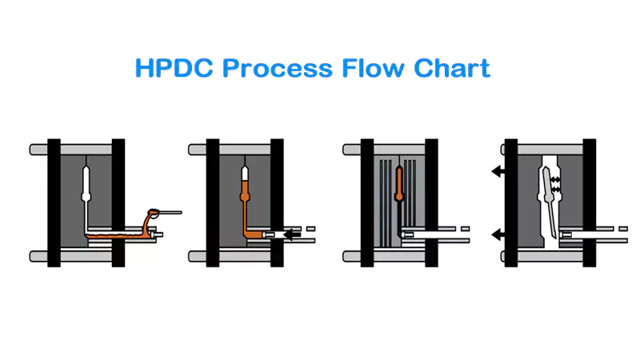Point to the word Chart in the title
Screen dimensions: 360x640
pos(452,67)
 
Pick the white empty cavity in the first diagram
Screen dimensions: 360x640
pos(86,188)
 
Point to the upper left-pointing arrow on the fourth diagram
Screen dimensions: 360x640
pos(498,171)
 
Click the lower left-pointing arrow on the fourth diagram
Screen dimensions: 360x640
pos(498,234)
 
